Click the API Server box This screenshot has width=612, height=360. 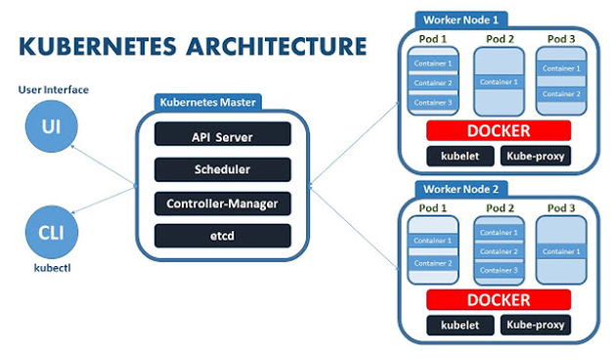[x=223, y=134]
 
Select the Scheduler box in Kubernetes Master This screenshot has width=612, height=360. [x=223, y=169]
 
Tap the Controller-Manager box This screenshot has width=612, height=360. [x=223, y=203]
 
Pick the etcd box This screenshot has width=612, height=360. [x=223, y=236]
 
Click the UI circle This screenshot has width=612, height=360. [x=52, y=126]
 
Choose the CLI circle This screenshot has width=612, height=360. [x=52, y=232]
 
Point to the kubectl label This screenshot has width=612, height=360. [x=52, y=268]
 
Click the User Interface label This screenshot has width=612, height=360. [x=54, y=90]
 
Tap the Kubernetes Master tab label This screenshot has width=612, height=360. [x=207, y=103]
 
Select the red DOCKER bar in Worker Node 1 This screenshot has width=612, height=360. [x=499, y=131]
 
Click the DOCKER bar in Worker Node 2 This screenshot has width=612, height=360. [x=499, y=300]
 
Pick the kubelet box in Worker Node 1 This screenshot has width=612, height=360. [x=460, y=157]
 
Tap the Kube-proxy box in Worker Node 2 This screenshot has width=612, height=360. [x=536, y=325]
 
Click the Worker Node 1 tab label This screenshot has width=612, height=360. [x=460, y=20]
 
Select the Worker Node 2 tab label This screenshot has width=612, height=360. [x=460, y=190]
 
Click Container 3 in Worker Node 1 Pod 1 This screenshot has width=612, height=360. [x=433, y=103]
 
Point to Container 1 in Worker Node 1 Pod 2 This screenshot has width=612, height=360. [x=499, y=82]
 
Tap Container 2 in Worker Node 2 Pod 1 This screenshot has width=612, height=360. [x=433, y=263]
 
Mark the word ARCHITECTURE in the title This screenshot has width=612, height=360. [x=277, y=46]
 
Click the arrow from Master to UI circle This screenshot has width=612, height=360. [x=103, y=164]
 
